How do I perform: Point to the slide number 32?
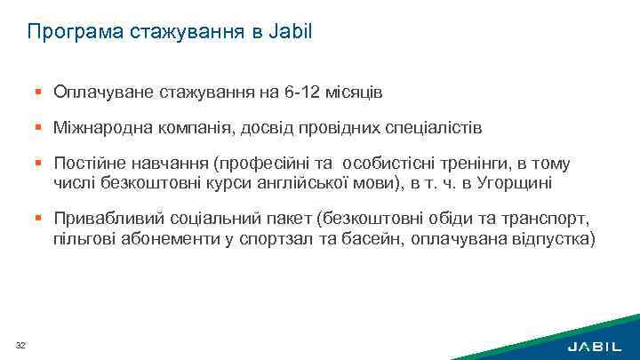tap(20, 345)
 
